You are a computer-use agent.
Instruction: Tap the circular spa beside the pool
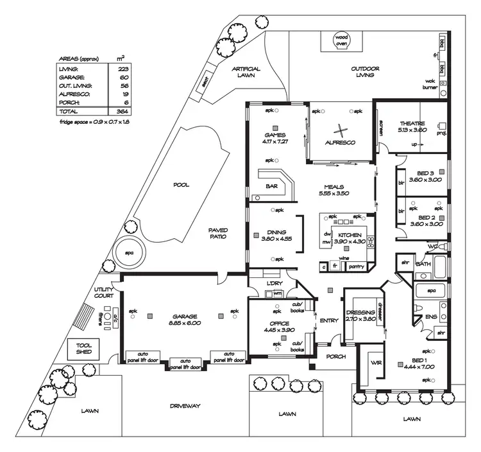(128, 252)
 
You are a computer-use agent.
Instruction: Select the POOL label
(181, 185)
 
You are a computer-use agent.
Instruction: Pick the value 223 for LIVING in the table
(122, 68)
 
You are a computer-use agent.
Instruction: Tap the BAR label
(271, 187)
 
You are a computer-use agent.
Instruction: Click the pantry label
(357, 266)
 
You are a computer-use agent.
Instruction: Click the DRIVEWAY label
(186, 406)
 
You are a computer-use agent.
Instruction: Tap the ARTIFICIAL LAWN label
(246, 72)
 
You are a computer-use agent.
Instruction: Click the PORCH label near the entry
(335, 356)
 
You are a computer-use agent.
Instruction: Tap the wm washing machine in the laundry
(278, 293)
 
